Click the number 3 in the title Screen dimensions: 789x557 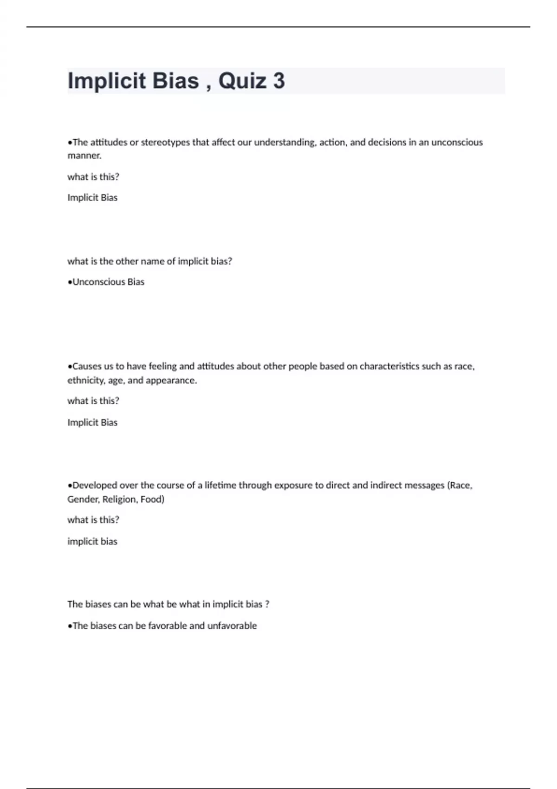(278, 81)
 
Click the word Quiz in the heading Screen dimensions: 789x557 (242, 81)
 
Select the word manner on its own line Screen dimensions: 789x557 (84, 156)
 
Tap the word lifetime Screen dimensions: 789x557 (220, 485)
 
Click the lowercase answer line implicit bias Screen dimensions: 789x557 (92, 542)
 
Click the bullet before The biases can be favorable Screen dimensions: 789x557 (70, 626)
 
